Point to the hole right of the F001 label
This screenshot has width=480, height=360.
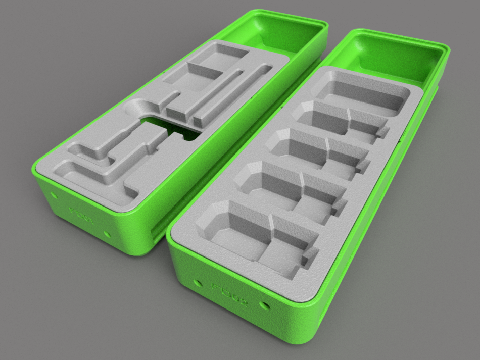point(107,234)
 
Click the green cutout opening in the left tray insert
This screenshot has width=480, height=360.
point(174,126)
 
